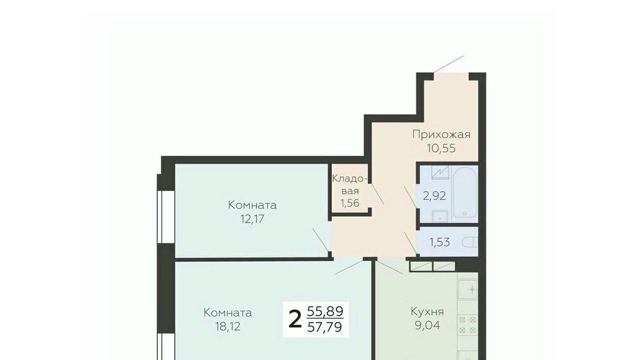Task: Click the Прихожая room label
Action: point(442,134)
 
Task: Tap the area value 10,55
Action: point(442,148)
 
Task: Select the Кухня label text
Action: point(428,312)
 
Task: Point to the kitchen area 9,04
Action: point(428,326)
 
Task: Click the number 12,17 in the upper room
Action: point(252,219)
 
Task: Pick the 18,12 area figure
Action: point(227,327)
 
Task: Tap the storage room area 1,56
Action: point(350,202)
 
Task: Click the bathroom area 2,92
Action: point(435,196)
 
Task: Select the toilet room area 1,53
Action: point(440,242)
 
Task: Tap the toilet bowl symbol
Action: point(470,243)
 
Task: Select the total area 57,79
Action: point(325,328)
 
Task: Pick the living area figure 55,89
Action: point(325,312)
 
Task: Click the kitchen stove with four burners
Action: point(468,325)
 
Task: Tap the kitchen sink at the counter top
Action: point(468,290)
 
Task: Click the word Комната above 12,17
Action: point(252,205)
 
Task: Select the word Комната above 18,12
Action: point(227,313)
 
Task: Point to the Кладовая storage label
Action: point(349,184)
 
